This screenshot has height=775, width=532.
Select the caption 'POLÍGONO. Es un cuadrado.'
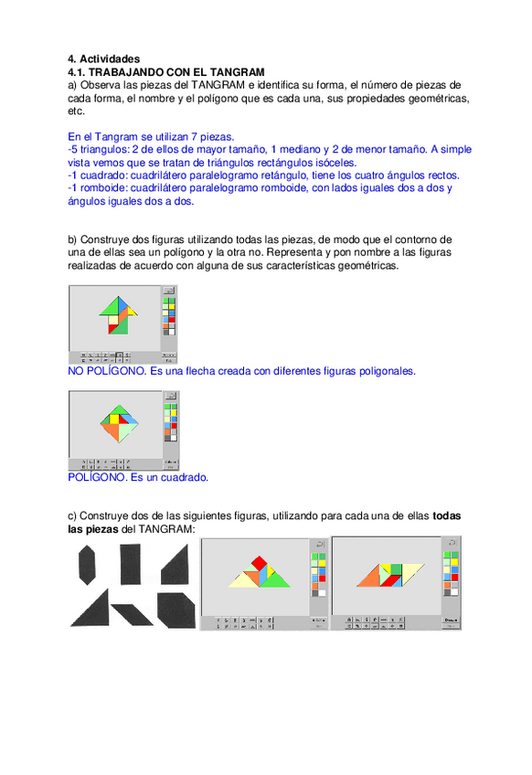138,477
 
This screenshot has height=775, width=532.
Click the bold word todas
446,516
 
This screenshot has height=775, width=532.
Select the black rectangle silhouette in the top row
133,562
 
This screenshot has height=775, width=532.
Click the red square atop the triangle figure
261,561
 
